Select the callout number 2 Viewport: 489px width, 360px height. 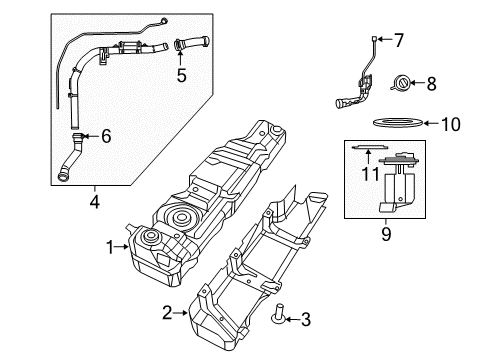[167, 311]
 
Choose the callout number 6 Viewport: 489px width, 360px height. [107, 136]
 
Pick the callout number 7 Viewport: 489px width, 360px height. [398, 41]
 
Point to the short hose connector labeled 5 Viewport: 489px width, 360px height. [190, 43]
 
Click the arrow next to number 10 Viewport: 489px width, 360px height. [431, 124]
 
